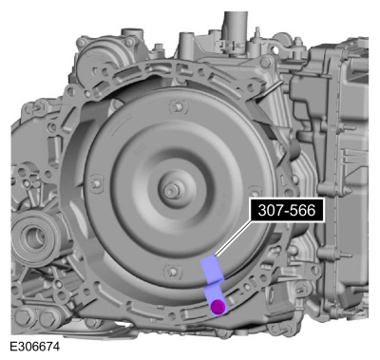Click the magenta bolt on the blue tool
coord(218,307)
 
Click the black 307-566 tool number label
coord(287,210)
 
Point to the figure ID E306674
coord(34,347)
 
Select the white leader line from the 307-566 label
coord(233,238)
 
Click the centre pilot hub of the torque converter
coord(171,191)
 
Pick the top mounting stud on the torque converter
coord(178,106)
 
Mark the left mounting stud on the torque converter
coord(95,183)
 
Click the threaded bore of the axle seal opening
coord(32,237)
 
